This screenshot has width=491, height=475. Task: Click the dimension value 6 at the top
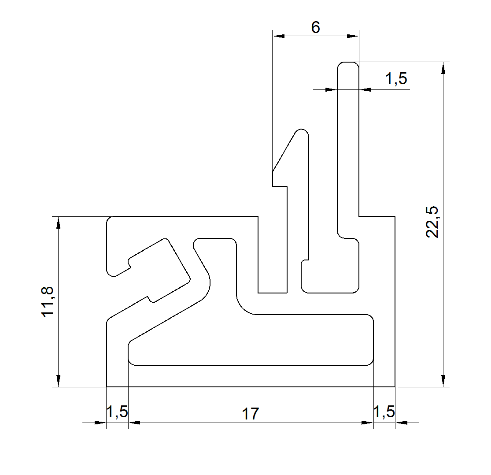(x=316, y=27)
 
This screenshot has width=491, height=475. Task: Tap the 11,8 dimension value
(x=48, y=301)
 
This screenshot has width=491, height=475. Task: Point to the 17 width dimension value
(x=250, y=414)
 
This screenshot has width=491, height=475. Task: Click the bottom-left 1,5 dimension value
(x=117, y=412)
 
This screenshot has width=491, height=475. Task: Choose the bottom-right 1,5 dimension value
(x=384, y=412)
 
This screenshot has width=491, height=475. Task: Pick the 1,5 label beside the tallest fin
(x=396, y=79)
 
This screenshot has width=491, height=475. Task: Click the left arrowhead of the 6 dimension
(x=279, y=36)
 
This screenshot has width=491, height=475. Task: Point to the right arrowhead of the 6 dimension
(x=353, y=36)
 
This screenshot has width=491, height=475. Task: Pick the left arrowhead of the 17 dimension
(x=134, y=423)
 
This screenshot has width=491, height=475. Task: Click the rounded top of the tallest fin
(x=348, y=64)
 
